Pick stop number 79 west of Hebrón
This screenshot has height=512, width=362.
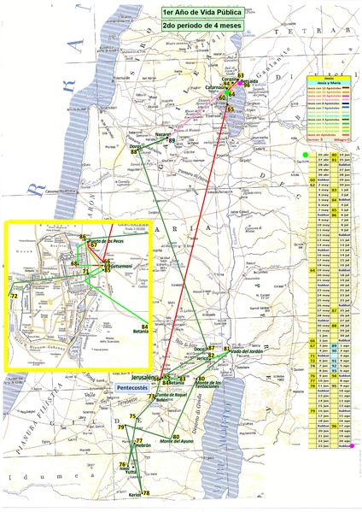click(x=121, y=427)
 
